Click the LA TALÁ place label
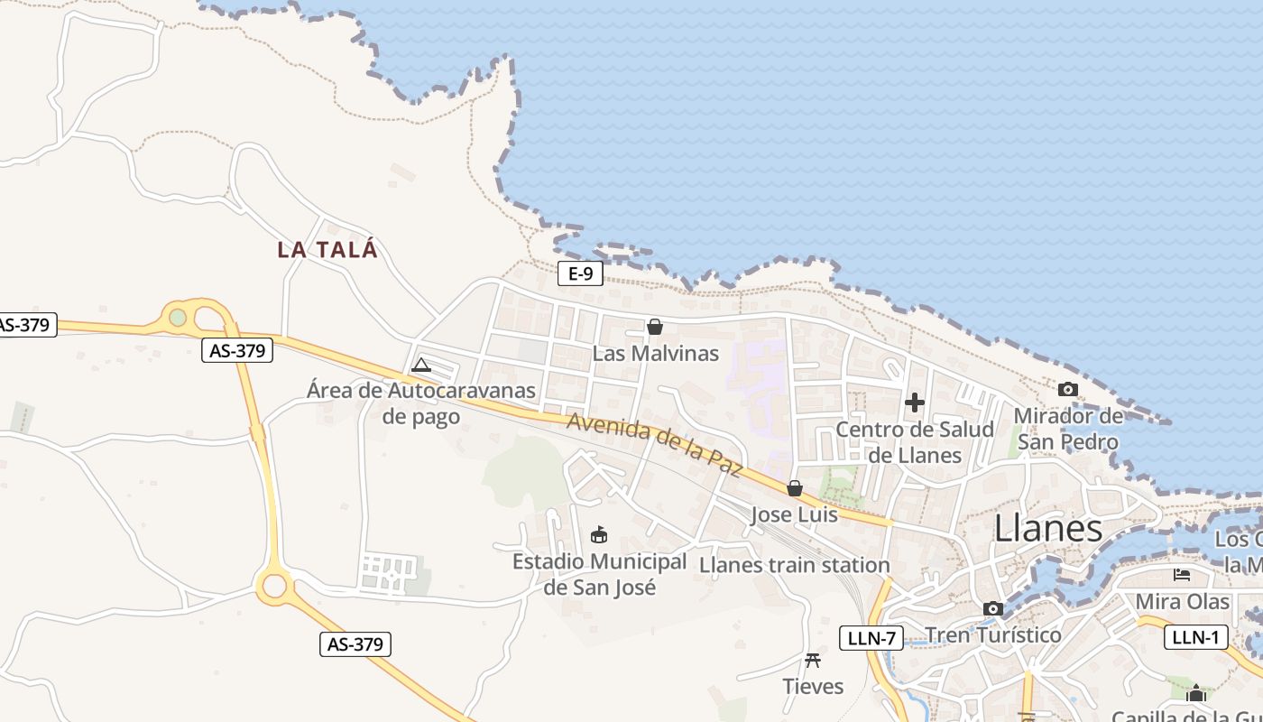tap(327, 250)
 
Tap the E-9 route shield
tap(580, 273)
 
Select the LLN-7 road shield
tap(871, 638)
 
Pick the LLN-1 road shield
tap(1196, 636)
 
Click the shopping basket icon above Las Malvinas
tap(655, 327)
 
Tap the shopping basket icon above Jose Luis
tap(795, 488)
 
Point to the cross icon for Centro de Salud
tap(915, 403)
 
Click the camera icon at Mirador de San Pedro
tap(1068, 390)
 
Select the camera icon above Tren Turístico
tap(993, 609)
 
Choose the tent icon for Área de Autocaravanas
tap(420, 366)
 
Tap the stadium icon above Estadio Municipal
tap(598, 535)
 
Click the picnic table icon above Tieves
tap(813, 661)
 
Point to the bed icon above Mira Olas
tap(1182, 575)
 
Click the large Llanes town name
tap(1048, 529)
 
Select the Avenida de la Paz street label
tap(655, 443)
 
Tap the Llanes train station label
tap(795, 565)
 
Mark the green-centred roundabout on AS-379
tap(178, 318)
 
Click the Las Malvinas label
tap(656, 353)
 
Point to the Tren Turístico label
tap(993, 634)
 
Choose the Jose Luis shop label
tap(795, 514)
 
